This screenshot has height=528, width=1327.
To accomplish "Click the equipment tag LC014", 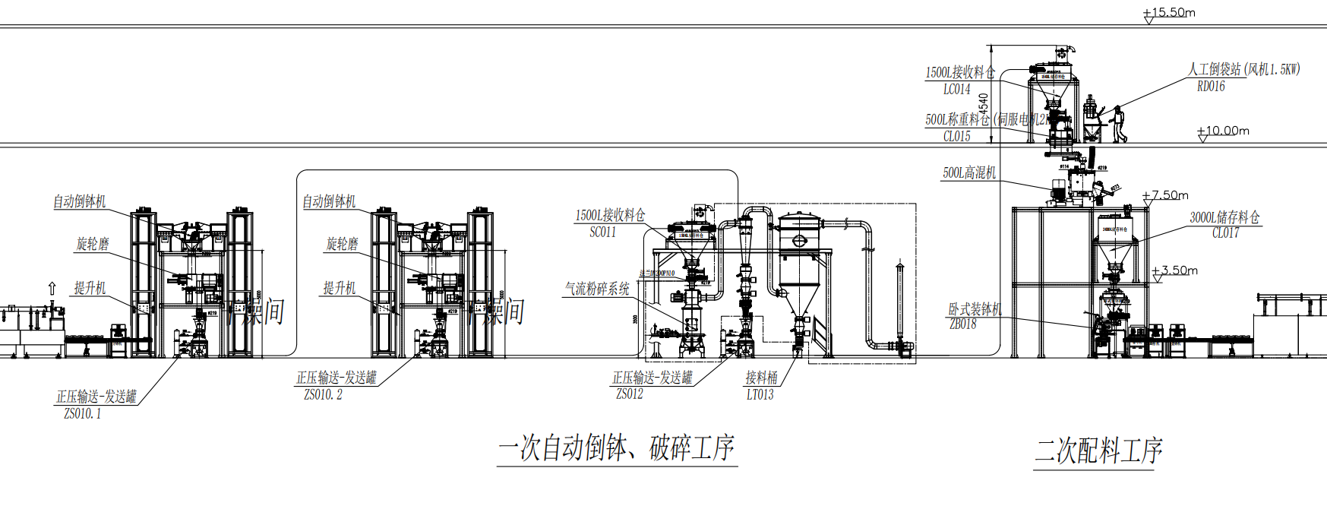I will (957, 90).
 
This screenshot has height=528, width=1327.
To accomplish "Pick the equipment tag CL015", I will (957, 137).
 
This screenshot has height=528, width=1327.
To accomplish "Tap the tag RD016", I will (1211, 87).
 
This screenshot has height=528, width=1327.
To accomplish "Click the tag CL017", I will (1225, 233).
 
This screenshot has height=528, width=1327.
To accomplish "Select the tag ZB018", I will (962, 324).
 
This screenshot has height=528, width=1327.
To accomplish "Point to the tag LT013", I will (760, 395).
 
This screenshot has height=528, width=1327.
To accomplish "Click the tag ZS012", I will (630, 394).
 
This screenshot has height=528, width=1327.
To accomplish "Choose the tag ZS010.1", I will (82, 414).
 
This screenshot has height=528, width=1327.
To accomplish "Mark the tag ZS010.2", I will (323, 395).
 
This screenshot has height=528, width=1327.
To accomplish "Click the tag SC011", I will (602, 232).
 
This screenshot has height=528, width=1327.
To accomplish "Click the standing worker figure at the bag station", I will (1117, 124).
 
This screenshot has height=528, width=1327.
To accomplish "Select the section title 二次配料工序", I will (1098, 451).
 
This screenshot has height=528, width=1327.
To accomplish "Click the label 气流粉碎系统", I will (597, 289).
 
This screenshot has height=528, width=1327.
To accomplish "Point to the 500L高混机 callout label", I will (969, 173).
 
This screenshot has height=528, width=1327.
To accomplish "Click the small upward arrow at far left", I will (52, 288).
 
